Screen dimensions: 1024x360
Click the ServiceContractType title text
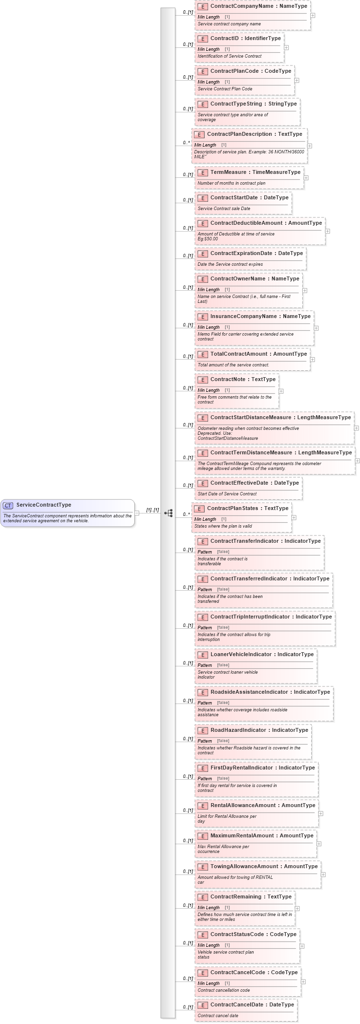[43, 505]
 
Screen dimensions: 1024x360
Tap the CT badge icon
[8, 505]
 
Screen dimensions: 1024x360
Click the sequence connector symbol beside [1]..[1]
[169, 513]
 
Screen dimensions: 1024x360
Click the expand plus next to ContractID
[286, 47]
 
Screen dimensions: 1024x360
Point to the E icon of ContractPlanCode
[202, 71]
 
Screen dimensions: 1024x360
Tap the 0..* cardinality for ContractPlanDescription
[186, 142]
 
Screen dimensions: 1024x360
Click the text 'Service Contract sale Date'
[224, 209]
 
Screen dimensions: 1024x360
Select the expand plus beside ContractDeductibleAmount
[327, 231]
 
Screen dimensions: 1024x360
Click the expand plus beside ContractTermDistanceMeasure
[358, 460]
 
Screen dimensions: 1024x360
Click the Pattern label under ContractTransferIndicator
[205, 552]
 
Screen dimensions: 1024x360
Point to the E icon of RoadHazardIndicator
[202, 730]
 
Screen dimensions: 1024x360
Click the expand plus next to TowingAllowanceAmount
[323, 874]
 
